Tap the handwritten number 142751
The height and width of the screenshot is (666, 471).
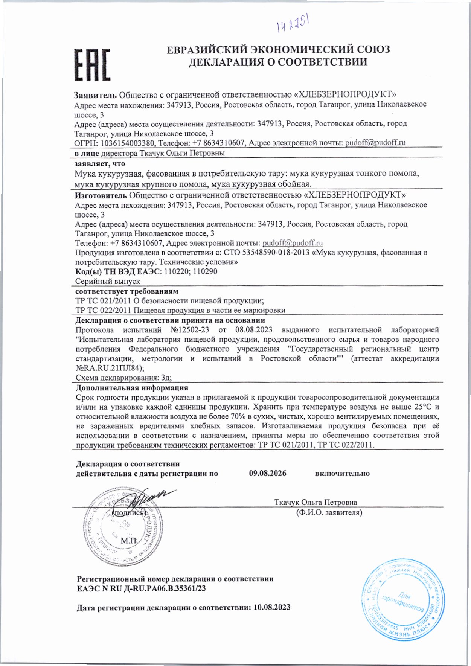click(x=293, y=25)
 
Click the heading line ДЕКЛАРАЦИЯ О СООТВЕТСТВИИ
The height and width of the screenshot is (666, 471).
click(x=278, y=62)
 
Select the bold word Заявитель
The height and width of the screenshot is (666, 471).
click(x=96, y=94)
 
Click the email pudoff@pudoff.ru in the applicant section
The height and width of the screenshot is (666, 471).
click(x=375, y=143)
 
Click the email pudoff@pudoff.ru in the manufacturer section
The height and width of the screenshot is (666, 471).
click(x=292, y=243)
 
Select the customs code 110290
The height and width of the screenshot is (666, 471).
click(x=205, y=272)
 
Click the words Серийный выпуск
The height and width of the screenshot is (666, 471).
click(x=107, y=282)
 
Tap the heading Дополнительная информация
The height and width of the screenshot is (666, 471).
click(x=132, y=388)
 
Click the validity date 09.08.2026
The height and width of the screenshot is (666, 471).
click(x=267, y=474)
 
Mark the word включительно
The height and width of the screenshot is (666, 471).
click(x=342, y=474)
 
